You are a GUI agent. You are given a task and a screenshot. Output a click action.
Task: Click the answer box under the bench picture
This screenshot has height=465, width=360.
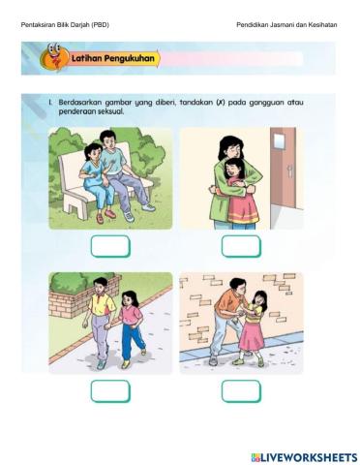pos(110,246)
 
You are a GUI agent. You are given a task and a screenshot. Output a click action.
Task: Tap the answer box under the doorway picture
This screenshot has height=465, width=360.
pos(241,246)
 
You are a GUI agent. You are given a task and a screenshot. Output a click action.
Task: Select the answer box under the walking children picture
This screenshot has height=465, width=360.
pos(110,390)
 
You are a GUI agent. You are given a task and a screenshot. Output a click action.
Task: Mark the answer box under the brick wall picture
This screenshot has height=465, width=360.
pos(241,390)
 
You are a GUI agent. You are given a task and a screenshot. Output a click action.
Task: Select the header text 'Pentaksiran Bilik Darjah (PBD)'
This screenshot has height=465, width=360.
pos(65,23)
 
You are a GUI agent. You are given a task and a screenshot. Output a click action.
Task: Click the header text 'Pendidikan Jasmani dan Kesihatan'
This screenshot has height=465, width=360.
pos(286,23)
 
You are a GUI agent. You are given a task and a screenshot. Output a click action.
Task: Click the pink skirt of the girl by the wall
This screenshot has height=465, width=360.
pos(255,336)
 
